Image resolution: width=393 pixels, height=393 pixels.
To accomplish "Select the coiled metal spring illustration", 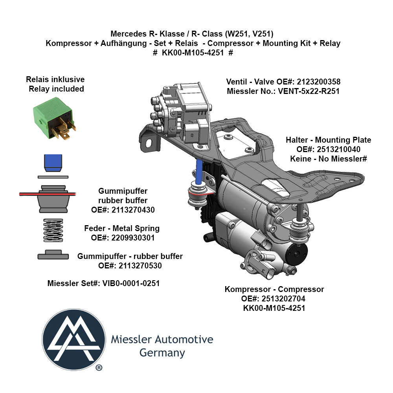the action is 53,230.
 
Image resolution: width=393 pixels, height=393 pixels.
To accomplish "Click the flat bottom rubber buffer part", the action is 53,255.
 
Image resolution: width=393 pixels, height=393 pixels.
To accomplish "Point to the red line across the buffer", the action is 48,194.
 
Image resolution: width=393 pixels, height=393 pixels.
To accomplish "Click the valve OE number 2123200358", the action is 319,82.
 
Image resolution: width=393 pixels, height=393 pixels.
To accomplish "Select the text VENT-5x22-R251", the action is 309,91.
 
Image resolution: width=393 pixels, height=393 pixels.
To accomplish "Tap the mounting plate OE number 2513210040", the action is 339,149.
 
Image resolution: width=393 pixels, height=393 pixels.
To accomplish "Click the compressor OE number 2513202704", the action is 283,299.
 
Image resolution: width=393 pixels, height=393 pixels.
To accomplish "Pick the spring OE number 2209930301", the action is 133,238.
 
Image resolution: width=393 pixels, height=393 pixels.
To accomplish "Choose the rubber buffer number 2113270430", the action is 133,210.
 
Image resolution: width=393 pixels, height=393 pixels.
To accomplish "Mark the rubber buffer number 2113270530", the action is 140,266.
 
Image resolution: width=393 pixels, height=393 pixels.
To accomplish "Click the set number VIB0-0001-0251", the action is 131,283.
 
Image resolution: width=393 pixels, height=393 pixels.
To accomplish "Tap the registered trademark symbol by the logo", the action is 99,368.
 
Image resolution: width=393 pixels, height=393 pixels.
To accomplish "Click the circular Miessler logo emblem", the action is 74,340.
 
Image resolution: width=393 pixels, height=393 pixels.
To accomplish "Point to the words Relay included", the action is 56,89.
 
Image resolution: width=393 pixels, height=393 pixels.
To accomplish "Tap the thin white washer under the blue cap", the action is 53,177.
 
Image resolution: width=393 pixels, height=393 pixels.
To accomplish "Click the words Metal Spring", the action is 136,228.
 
